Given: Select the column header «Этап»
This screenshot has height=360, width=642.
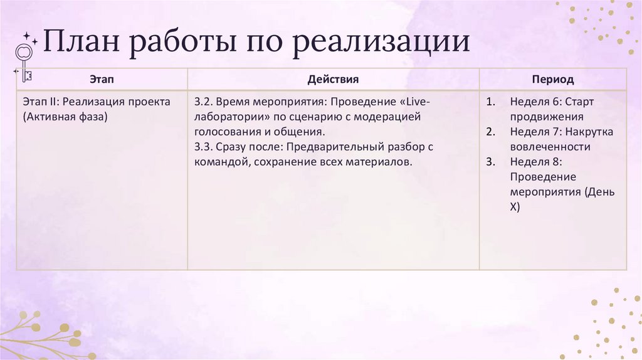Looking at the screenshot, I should click(102, 80).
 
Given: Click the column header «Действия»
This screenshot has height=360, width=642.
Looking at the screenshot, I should click(333, 80).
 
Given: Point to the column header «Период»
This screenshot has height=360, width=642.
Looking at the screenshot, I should click(552, 80).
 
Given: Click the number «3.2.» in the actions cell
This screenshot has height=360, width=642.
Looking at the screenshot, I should click(204, 102).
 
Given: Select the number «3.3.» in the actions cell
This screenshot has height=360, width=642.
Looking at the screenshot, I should click(204, 147).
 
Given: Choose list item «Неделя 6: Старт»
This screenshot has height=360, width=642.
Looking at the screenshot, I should click(552, 102).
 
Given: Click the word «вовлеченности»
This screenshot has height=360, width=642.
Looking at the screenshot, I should click(550, 147).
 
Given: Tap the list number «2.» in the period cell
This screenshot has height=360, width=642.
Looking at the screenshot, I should click(491, 132).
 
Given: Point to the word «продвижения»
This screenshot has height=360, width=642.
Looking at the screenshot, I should click(547, 117).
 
